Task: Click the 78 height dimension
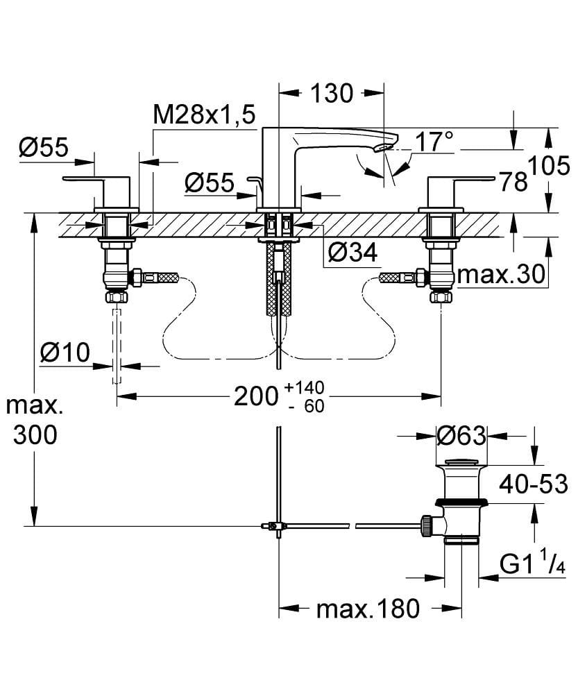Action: coord(513,182)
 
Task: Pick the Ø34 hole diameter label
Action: coord(352,254)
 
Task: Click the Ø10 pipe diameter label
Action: coord(65,353)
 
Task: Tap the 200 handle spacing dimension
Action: coord(255,396)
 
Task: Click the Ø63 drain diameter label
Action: coord(461,436)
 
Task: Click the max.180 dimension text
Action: coord(368,609)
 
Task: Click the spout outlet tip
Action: coord(383,148)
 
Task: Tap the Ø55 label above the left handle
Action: coord(43,148)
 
